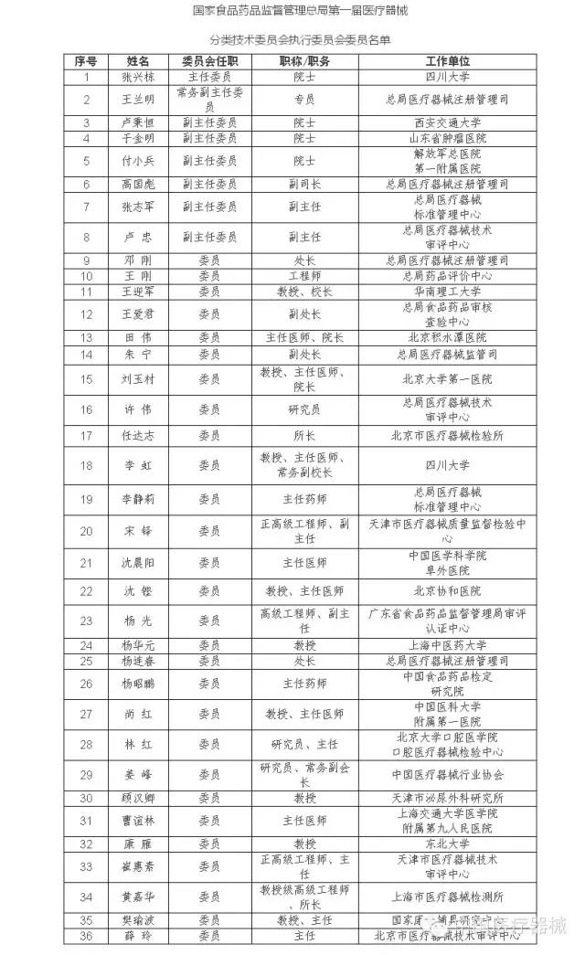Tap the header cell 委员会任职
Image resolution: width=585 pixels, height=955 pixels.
(x=209, y=59)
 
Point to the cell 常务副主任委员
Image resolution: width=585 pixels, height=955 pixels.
(x=209, y=99)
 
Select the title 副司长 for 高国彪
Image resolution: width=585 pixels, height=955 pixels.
(x=303, y=184)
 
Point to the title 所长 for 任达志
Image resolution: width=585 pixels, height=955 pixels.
(x=303, y=436)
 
